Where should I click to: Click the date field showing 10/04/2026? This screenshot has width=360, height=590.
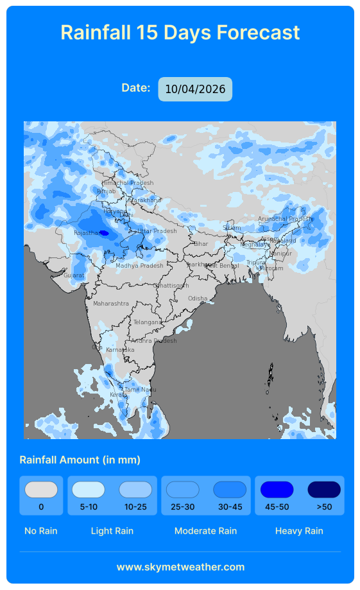tap(195, 89)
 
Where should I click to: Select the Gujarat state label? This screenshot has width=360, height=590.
tap(74, 275)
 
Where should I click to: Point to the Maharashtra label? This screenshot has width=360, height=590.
tap(110, 304)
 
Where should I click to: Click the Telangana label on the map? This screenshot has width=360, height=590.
tap(147, 322)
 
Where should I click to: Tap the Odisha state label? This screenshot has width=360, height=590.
tap(198, 299)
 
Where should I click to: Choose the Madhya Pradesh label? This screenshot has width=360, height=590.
tap(139, 266)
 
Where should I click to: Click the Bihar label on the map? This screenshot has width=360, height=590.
tap(201, 244)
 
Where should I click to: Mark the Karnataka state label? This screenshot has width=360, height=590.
tap(120, 349)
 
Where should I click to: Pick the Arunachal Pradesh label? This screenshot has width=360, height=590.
tap(284, 219)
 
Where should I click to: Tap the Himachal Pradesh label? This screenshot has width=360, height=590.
tap(128, 183)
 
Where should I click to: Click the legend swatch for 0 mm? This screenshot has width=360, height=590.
tap(41, 490)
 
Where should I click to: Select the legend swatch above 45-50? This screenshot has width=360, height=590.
tap(277, 490)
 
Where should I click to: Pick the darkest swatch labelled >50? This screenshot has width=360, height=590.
tap(324, 490)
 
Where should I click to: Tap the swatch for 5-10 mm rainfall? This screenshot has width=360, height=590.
tap(89, 490)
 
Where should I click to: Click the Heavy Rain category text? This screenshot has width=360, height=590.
tap(299, 531)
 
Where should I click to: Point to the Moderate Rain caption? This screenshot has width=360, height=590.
tap(205, 531)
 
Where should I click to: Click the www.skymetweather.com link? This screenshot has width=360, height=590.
tap(180, 567)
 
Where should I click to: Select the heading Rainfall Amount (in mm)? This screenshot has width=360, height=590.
tap(80, 460)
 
